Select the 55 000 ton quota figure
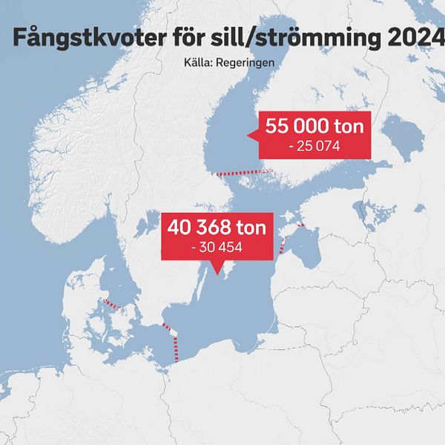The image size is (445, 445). pos(314,127)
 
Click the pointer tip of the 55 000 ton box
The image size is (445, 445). pos(249,134)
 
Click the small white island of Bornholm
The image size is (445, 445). pos(173,333)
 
